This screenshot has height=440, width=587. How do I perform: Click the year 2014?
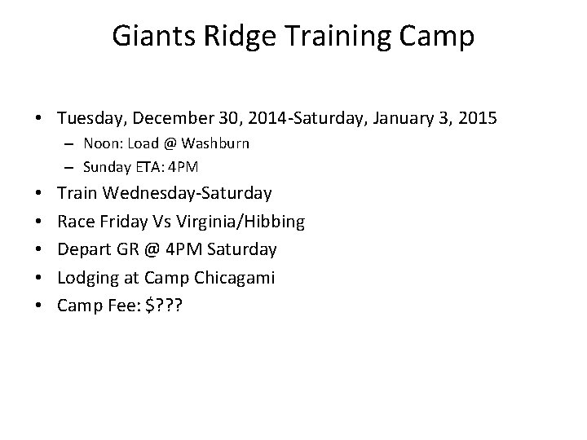click(x=245, y=119)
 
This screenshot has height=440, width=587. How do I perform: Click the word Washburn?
click(x=216, y=144)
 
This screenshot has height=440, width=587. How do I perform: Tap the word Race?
click(x=73, y=222)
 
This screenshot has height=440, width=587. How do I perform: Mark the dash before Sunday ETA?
click(x=72, y=167)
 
